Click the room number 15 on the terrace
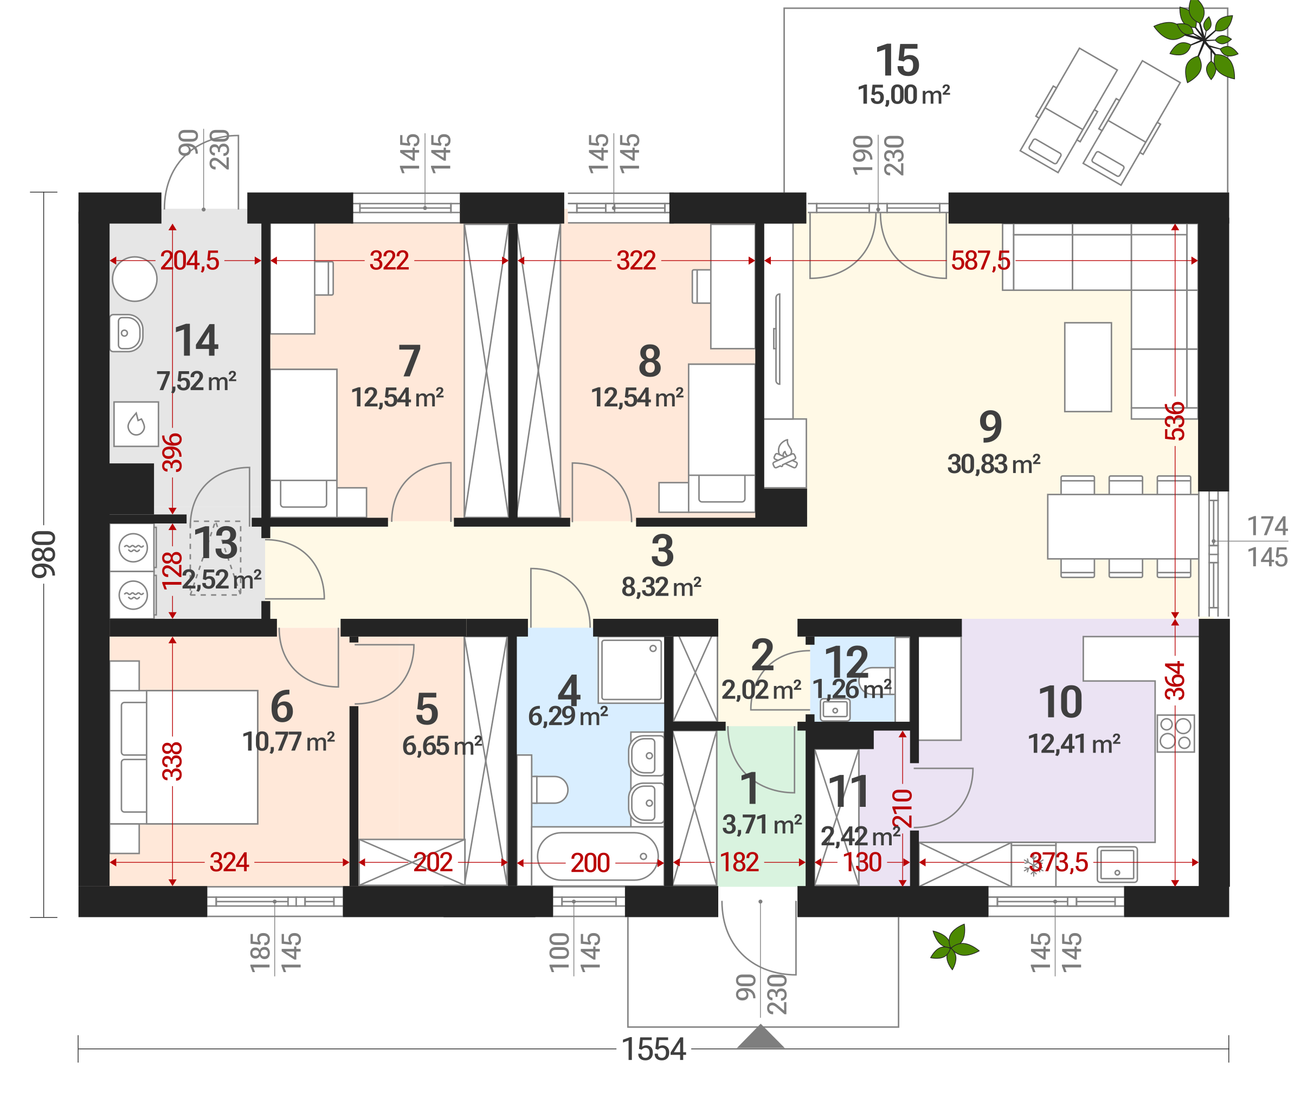pos(898,61)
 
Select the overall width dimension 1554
pos(654,1049)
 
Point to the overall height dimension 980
pos(44,554)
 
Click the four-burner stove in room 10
pos(1176,733)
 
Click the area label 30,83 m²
pos(994,464)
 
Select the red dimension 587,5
pos(980,261)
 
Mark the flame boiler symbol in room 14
pos(136,424)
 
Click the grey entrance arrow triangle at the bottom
pos(760,1037)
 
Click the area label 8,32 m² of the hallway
pos(661,587)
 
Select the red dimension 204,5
pos(190,261)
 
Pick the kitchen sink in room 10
pos(1117,864)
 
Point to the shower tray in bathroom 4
pos(630,670)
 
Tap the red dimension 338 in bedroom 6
pos(173,761)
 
